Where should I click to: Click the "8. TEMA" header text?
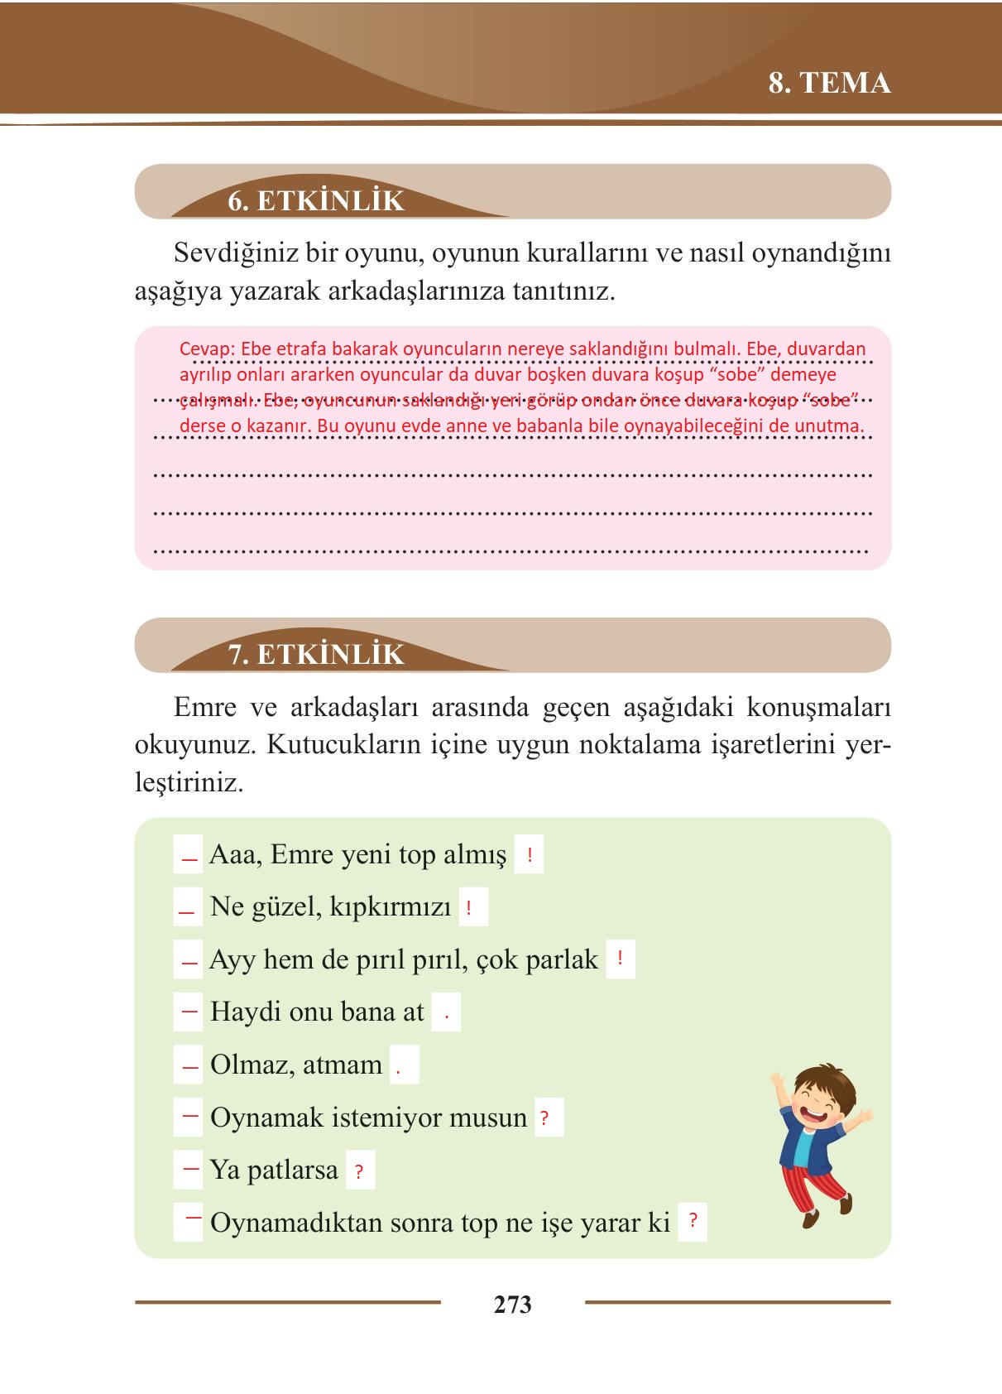(829, 84)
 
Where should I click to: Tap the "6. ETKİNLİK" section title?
(316, 201)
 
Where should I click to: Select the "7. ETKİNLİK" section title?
(316, 654)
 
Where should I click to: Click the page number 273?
(512, 1305)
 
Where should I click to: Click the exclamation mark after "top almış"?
(529, 854)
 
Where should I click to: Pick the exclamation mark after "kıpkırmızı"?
(468, 908)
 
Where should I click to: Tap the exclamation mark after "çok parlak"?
(620, 960)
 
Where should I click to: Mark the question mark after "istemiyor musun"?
(544, 1118)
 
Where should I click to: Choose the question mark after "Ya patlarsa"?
(358, 1172)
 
